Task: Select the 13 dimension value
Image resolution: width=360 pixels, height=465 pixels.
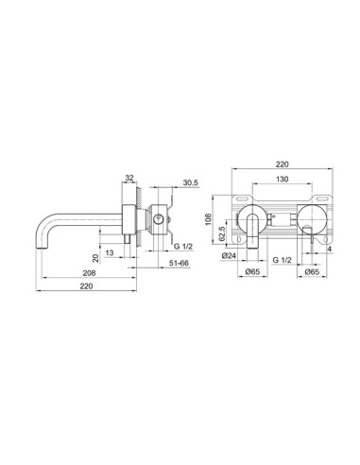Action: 111,252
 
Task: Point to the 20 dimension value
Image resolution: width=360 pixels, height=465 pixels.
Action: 95,257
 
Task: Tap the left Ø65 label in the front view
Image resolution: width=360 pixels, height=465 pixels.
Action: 252,270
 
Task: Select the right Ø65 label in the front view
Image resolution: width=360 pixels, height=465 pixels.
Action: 311,270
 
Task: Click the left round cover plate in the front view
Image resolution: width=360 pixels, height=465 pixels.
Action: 253,217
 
